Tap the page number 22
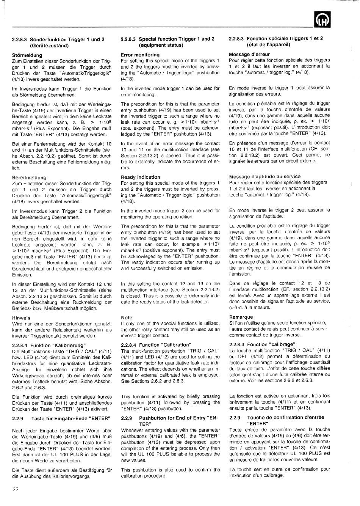pos(15,489)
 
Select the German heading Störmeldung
pos(27,55)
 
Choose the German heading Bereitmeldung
pos(29,177)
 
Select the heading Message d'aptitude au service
pos(265,176)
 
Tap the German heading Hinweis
pos(21,318)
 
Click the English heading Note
pos(127,317)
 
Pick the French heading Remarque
pos(241,317)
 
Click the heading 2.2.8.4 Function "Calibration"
pos(156,345)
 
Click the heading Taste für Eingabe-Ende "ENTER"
pos(70,418)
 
